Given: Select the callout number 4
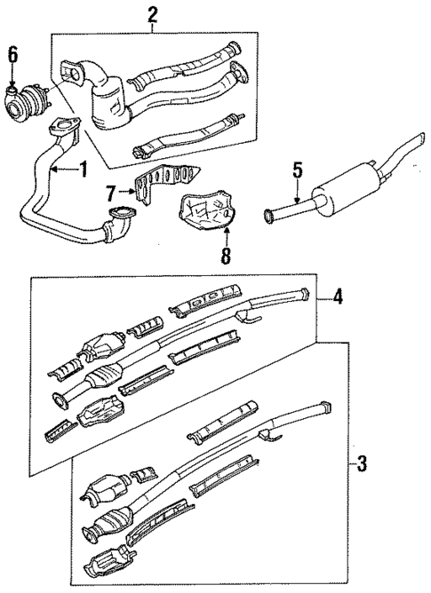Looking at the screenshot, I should coord(338,297).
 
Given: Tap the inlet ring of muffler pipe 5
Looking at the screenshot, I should coord(269,214).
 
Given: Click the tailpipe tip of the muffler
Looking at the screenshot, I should coord(412,141).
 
